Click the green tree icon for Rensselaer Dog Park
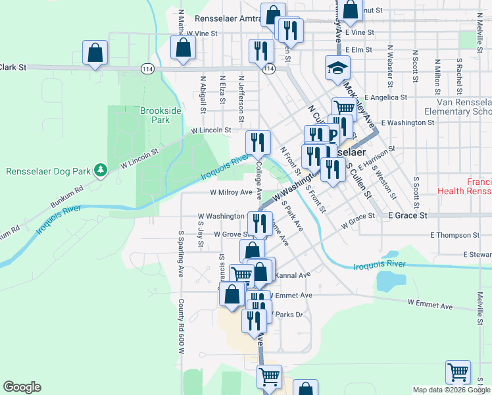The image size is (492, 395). [x=100, y=171]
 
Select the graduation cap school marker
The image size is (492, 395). [x=337, y=68]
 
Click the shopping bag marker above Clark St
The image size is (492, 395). [x=95, y=53]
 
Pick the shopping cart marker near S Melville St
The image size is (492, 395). [x=458, y=372]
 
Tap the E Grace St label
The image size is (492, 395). [x=408, y=215]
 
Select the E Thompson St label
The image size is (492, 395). [x=455, y=235]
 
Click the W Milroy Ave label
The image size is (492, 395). [x=231, y=193]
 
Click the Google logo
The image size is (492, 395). [x=22, y=387]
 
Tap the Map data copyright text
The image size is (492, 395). [x=451, y=390]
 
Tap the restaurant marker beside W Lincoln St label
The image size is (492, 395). [x=258, y=142]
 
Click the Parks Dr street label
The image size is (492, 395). [x=289, y=314]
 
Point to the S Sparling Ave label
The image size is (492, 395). [x=180, y=253]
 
